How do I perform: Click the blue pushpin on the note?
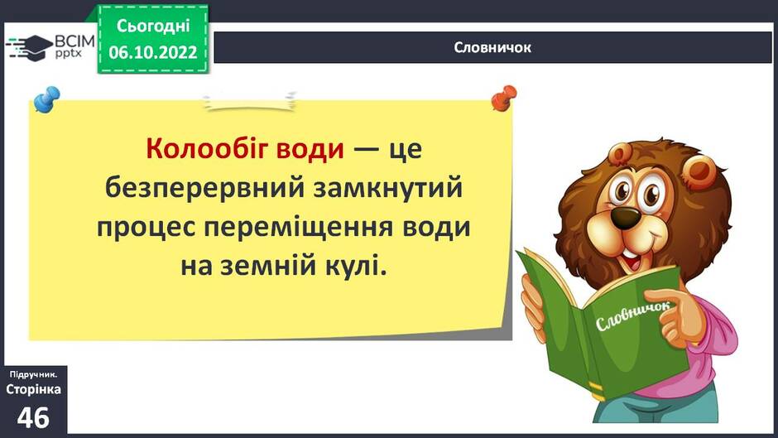pyautogui.click(x=46, y=99)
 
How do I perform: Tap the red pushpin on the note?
pyautogui.click(x=503, y=98)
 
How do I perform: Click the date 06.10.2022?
pyautogui.click(x=153, y=52)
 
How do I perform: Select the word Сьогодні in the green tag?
pyautogui.click(x=153, y=26)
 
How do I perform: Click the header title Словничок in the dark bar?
pyautogui.click(x=492, y=48)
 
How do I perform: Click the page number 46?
pyautogui.click(x=33, y=417)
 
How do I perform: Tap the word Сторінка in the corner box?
pyautogui.click(x=33, y=389)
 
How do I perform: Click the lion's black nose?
pyautogui.click(x=625, y=215)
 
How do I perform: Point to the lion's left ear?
pyautogui.click(x=622, y=154)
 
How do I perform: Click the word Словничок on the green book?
pyautogui.click(x=632, y=315)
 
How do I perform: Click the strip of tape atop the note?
pyautogui.click(x=250, y=101)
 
